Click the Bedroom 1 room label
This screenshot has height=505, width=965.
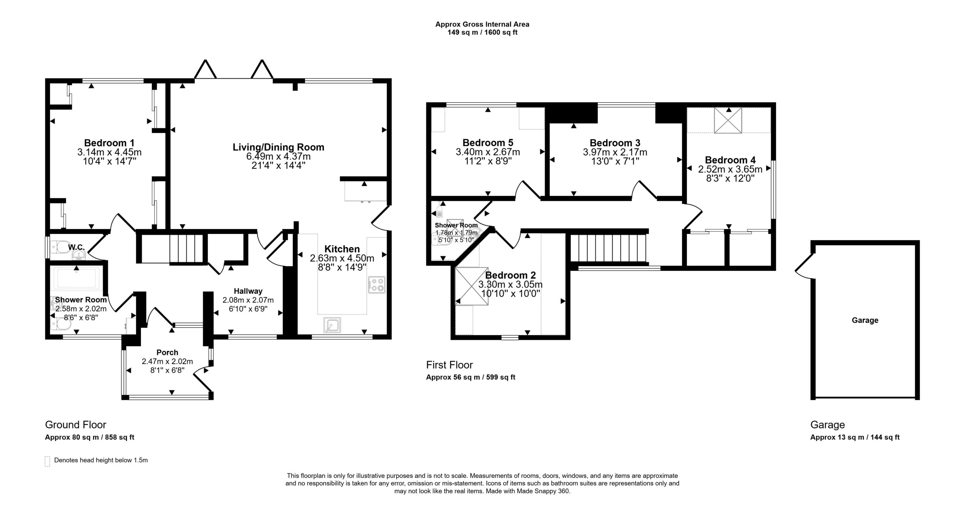[109, 143]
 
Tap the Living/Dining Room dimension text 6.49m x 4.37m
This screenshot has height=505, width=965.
[278, 156]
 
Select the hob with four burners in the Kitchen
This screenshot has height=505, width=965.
[377, 285]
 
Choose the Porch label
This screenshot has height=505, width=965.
[167, 352]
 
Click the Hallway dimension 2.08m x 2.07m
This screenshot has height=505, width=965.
[248, 300]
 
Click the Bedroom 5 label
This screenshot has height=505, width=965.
[488, 143]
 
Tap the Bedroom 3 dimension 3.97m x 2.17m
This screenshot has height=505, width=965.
[615, 152]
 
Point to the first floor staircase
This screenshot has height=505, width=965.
[608, 248]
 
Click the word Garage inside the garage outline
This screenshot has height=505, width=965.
[865, 320]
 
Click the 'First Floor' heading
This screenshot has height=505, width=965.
[449, 365]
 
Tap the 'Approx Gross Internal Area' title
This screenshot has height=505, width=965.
[482, 24]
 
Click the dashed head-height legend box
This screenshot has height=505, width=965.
[47, 461]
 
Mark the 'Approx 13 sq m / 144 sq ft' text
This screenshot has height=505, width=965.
[855, 437]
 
